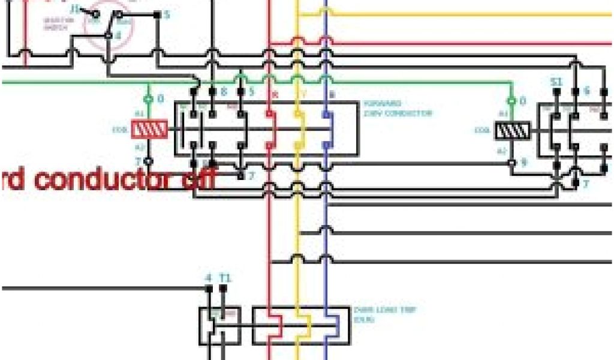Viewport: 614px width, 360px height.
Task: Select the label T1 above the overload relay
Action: pos(225,278)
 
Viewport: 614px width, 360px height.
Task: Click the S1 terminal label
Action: pos(556,81)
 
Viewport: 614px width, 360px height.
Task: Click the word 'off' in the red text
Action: pos(198,179)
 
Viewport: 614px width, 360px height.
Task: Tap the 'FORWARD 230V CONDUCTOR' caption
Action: pos(397,108)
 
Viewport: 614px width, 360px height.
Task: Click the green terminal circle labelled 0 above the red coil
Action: pos(149,98)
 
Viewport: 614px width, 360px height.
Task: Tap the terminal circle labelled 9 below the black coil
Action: pos(512,162)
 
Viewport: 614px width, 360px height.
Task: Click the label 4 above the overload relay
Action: pos(209,278)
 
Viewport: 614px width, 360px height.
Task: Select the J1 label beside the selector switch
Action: pos(76,9)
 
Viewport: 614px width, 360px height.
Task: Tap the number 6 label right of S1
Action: pos(586,91)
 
